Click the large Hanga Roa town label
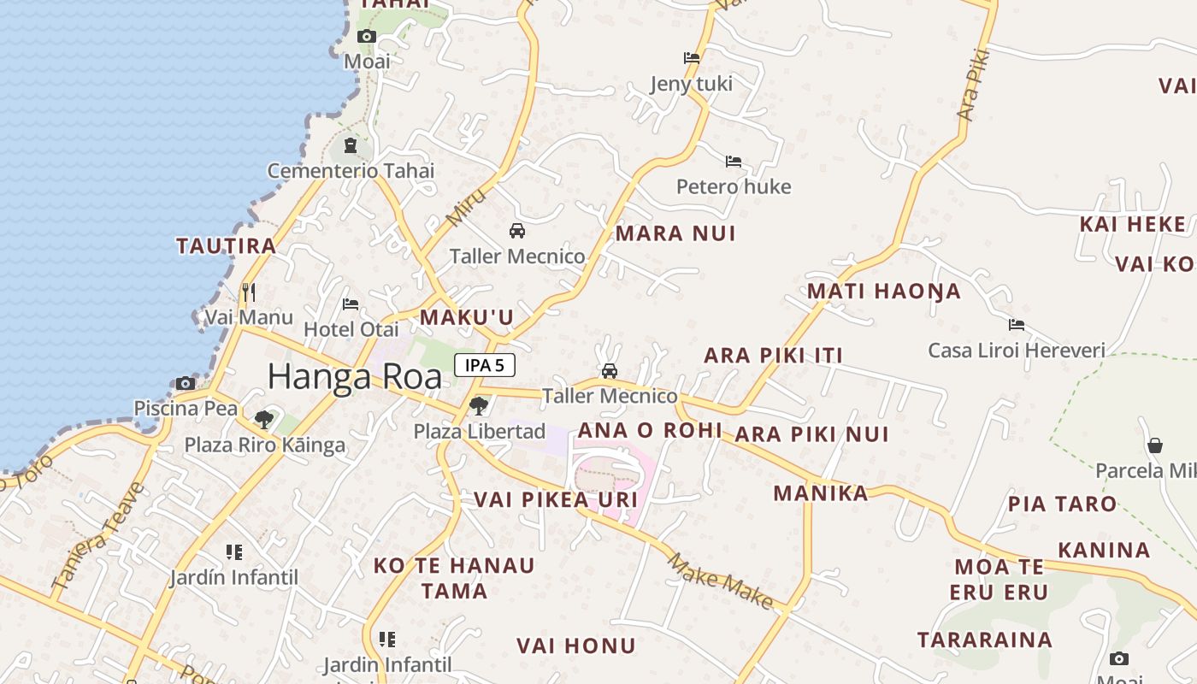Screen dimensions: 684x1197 pos(355,377)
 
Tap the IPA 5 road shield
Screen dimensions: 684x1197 pos(485,365)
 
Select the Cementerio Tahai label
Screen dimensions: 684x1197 pos(351,171)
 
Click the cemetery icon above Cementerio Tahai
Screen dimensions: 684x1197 pos(350,145)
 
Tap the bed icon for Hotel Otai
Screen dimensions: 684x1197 pos(351,304)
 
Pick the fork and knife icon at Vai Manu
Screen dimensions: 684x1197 pos(249,292)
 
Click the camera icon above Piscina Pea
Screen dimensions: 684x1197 pos(186,383)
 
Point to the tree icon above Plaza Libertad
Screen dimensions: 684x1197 pos(479,405)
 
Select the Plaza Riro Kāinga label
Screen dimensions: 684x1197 pos(265,445)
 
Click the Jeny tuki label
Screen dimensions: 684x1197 pos(692,84)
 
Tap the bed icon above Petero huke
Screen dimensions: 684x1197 pos(734,161)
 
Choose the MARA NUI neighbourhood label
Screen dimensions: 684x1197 pos(675,233)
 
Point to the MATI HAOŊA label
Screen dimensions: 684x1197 pos(884,292)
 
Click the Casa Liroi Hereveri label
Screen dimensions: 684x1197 pos(1017,351)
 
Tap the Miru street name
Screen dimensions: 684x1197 pos(466,208)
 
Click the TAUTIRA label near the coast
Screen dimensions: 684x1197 pos(227,246)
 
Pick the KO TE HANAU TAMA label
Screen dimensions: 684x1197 pos(454,578)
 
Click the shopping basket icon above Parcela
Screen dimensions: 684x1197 pos(1155,445)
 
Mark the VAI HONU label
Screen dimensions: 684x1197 pos(576,646)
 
